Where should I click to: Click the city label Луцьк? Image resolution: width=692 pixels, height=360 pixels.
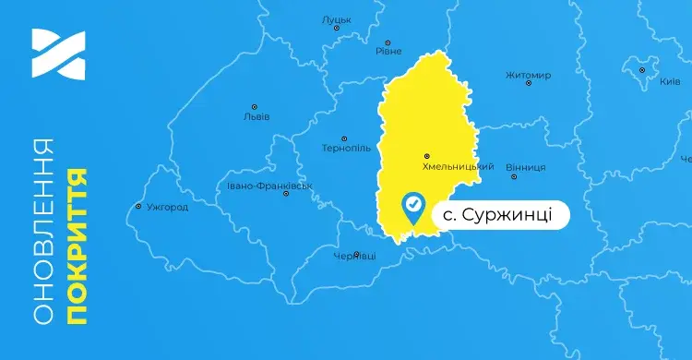point(336,19)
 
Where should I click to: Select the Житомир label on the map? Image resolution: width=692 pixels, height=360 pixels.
point(529,75)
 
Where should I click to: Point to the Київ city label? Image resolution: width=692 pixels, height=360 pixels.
point(670,81)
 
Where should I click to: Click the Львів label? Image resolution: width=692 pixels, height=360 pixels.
point(256,117)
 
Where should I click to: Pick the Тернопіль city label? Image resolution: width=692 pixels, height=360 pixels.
point(346,148)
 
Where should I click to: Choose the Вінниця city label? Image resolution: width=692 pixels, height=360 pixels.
point(526,167)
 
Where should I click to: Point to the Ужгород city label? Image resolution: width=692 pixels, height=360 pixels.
point(167,207)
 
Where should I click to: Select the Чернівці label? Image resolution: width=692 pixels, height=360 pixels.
point(354,255)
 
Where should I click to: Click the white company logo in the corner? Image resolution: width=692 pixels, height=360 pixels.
point(57,54)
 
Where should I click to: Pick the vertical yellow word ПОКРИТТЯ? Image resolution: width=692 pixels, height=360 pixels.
point(78,246)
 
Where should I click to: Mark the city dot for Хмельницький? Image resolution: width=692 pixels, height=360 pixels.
point(425,155)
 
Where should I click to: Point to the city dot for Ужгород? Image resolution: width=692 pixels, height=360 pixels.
point(138,206)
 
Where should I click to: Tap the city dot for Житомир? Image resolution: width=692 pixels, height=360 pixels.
point(529,84)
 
